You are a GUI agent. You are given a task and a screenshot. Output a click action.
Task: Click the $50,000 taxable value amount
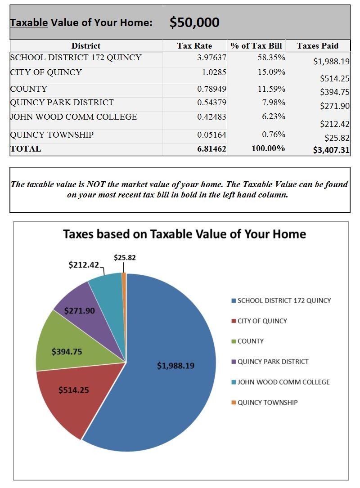coord(194,22)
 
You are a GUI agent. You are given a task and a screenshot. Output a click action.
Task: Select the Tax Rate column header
coord(194,46)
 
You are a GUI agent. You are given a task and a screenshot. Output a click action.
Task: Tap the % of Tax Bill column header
coord(256,46)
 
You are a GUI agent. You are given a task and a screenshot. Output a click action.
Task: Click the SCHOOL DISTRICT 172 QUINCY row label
coord(76,58)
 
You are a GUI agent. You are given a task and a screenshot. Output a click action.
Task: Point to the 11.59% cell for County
coord(271,89)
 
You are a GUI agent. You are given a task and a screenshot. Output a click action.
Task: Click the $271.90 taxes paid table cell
coord(335,107)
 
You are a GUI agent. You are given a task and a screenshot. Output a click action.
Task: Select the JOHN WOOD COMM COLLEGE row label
coord(73,117)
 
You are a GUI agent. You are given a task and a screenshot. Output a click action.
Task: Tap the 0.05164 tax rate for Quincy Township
coord(211,135)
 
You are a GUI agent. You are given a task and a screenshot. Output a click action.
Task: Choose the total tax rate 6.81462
coord(211,149)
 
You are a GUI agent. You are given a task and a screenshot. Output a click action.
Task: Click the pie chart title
coord(184,234)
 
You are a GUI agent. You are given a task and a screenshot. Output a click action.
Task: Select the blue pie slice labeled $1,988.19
coord(175,366)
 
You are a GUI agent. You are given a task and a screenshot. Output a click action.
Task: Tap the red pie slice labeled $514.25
coord(73,390)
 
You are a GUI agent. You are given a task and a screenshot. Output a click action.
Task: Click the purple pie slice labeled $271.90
coord(79,311)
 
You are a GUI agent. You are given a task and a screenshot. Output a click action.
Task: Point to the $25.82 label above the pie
coord(125,258)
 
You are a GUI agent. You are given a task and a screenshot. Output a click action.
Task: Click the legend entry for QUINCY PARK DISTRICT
coord(273,362)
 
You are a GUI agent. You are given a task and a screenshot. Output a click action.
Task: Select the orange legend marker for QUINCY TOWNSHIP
coord(234,403)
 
